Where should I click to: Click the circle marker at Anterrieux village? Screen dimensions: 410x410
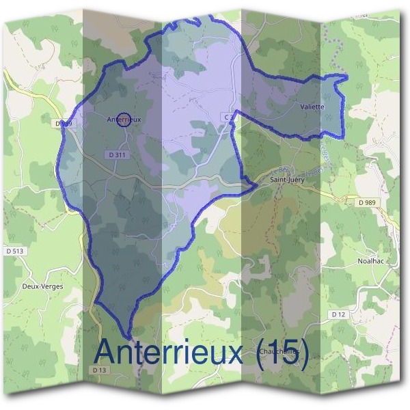(124, 120)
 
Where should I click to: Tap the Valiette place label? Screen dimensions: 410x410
(312, 107)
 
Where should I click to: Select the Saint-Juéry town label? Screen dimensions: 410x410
(288, 180)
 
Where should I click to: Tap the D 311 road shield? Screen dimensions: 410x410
(117, 155)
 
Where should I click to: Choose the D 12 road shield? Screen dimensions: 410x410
(338, 314)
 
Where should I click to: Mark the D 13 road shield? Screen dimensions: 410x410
(100, 370)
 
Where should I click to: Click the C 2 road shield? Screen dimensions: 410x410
(228, 118)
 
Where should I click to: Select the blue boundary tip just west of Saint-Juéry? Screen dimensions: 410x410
(254, 183)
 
